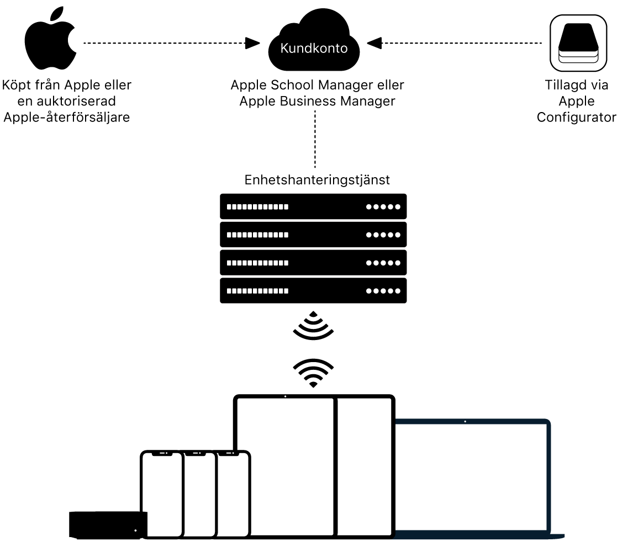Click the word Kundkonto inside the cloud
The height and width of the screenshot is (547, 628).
(x=314, y=49)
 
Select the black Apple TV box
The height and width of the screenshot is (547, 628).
(x=108, y=524)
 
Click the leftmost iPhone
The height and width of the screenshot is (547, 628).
(x=161, y=494)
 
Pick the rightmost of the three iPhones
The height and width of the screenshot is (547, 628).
(x=233, y=494)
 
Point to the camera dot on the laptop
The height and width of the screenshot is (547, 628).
(x=465, y=422)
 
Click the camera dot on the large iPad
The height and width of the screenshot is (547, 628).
(x=284, y=396)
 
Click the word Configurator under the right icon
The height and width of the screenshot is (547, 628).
(x=576, y=117)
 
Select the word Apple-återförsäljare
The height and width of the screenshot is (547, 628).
(x=66, y=117)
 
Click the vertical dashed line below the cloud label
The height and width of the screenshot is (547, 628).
(x=314, y=138)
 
